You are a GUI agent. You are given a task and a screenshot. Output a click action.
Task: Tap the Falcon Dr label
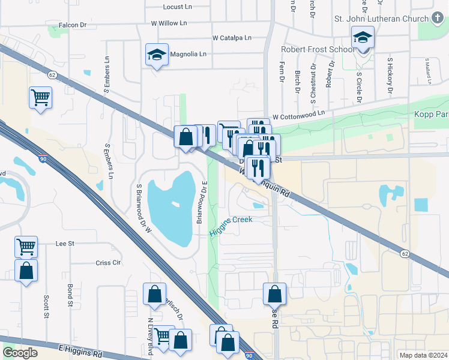pos(73,26)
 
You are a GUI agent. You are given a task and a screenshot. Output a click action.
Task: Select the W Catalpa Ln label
pos(232,38)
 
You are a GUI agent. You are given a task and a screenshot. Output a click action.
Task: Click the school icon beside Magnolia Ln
pos(157,55)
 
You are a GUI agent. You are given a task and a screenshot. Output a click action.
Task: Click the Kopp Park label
pos(430,114)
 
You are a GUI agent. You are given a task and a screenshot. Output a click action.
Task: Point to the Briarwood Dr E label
pos(204,202)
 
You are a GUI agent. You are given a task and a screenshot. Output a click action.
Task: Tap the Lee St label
pos(64,244)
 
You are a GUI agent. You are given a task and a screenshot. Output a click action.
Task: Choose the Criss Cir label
pos(109,263)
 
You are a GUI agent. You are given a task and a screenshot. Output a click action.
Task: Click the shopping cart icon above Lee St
pos(26,247)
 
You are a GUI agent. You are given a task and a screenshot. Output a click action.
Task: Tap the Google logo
pos(20,353)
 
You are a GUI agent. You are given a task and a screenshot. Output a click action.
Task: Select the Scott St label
pos(46,306)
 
